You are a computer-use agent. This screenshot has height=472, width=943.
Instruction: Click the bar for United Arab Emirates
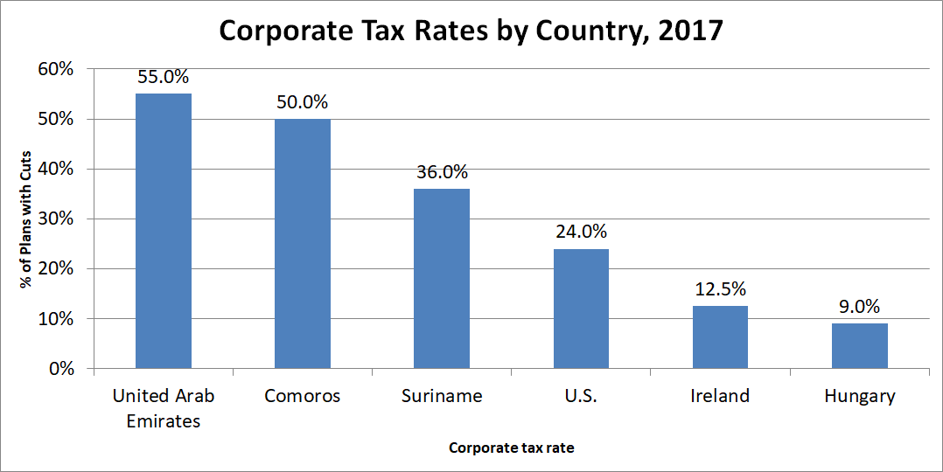[164, 231]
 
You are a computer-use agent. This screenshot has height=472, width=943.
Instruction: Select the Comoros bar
[303, 244]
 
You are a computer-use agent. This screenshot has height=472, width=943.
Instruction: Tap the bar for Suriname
[442, 279]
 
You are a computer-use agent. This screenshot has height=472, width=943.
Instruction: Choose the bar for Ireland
[720, 337]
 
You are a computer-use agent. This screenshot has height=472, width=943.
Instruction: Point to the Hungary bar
[859, 346]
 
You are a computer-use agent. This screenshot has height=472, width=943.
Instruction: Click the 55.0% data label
[164, 77]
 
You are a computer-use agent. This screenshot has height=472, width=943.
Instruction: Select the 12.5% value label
[720, 289]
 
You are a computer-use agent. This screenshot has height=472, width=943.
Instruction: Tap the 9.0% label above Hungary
[859, 307]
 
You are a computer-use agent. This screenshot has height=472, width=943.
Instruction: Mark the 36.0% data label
[442, 172]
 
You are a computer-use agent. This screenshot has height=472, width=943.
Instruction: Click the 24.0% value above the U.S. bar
[581, 233]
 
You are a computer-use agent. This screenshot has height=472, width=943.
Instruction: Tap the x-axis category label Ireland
[720, 396]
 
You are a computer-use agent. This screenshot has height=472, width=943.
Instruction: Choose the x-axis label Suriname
[442, 396]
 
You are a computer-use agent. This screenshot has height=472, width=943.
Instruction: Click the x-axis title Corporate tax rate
[511, 448]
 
